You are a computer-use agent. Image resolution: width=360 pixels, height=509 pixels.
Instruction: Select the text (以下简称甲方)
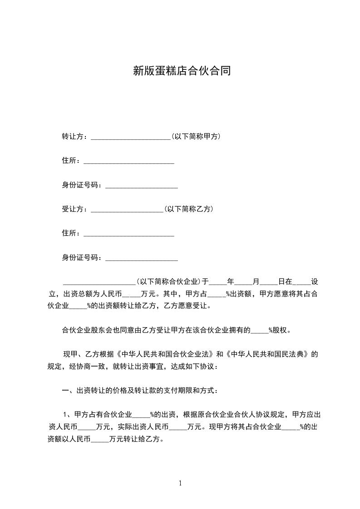click(196, 136)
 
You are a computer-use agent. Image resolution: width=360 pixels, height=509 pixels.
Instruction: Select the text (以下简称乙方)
click(188, 209)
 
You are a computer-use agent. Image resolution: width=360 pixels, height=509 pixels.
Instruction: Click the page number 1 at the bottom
click(180, 483)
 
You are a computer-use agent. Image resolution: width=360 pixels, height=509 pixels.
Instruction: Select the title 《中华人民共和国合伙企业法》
click(163, 354)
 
